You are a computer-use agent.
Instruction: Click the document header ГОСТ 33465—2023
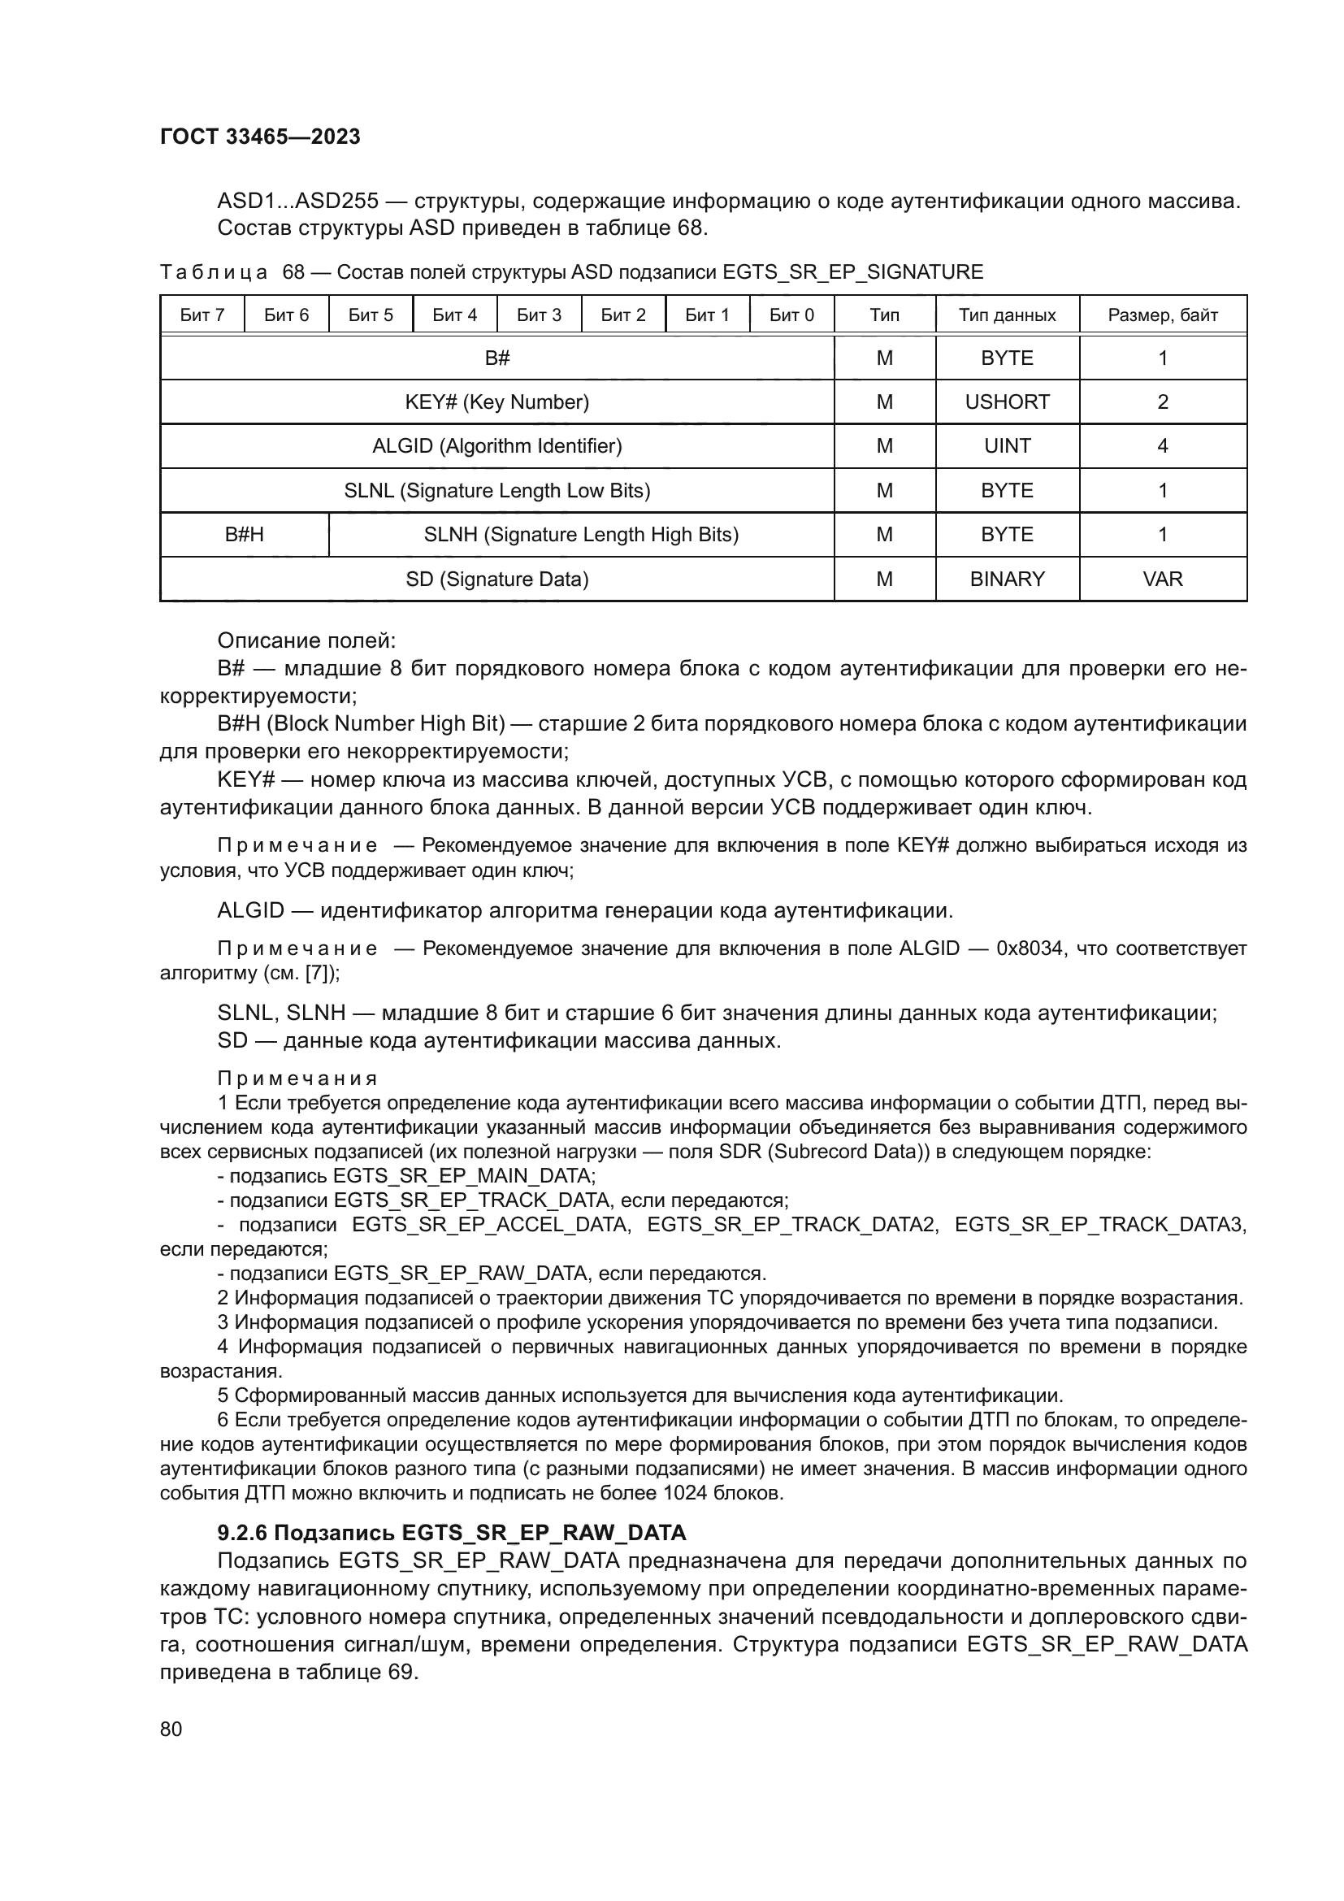260,137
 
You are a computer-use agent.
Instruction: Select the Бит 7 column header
202,315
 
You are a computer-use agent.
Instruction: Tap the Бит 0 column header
791,315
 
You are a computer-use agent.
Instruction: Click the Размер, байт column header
1162,315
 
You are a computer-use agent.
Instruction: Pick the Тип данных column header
1006,315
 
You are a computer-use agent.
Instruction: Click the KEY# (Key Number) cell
496,402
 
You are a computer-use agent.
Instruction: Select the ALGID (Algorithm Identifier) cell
496,446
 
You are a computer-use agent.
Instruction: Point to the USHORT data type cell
1006,402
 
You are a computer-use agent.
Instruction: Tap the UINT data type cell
1006,446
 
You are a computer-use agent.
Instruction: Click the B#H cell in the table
244,535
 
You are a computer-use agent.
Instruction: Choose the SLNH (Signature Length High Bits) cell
581,535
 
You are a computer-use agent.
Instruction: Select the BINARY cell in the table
1006,579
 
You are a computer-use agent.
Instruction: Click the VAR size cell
1162,579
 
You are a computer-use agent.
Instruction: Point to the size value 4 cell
1162,446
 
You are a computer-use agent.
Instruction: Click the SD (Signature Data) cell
496,579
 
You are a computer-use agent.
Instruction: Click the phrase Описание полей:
306,640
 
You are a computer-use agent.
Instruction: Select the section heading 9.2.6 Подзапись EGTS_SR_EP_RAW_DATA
452,1533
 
